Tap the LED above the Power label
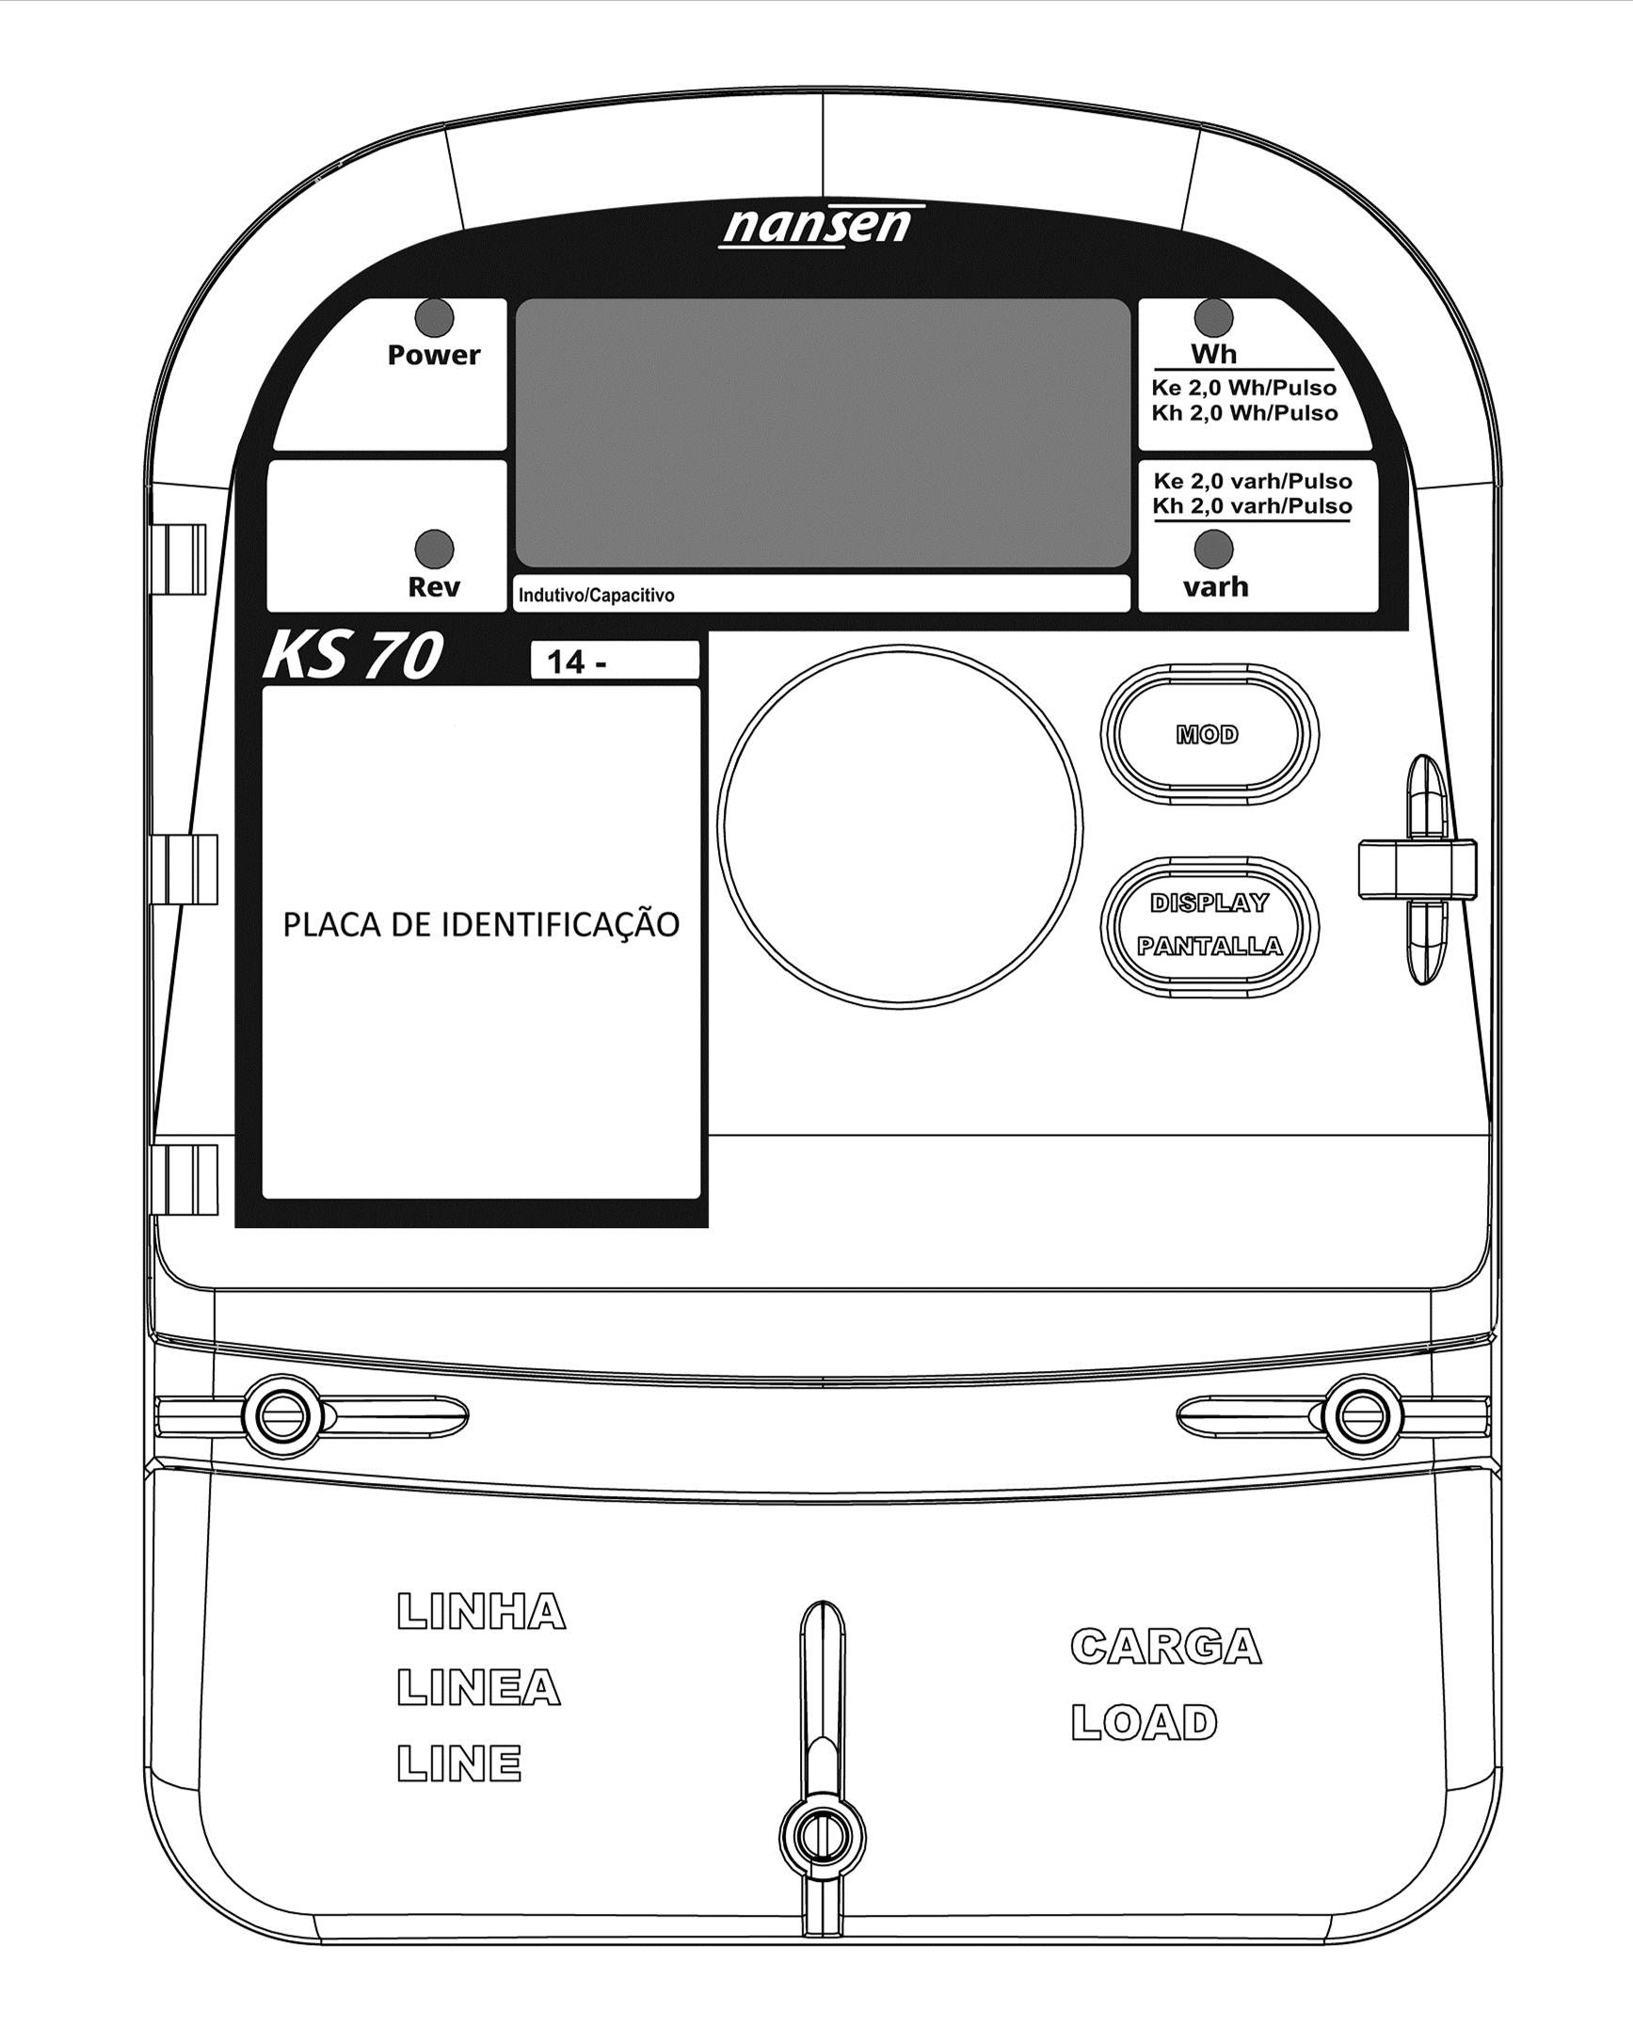coord(435,318)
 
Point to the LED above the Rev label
coord(435,549)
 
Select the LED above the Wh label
coord(1213,318)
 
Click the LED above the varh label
coord(1213,549)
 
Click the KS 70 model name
coord(352,656)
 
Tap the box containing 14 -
coord(615,661)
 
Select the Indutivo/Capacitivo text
coord(597,596)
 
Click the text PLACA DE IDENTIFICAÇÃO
coord(481,924)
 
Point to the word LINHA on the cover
coord(481,1612)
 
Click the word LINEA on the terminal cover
coord(478,1687)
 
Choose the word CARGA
coord(1166,1647)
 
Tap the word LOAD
coord(1145,1723)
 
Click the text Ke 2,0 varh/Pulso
coord(1253,481)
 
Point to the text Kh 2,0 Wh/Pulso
coord(1244,413)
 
